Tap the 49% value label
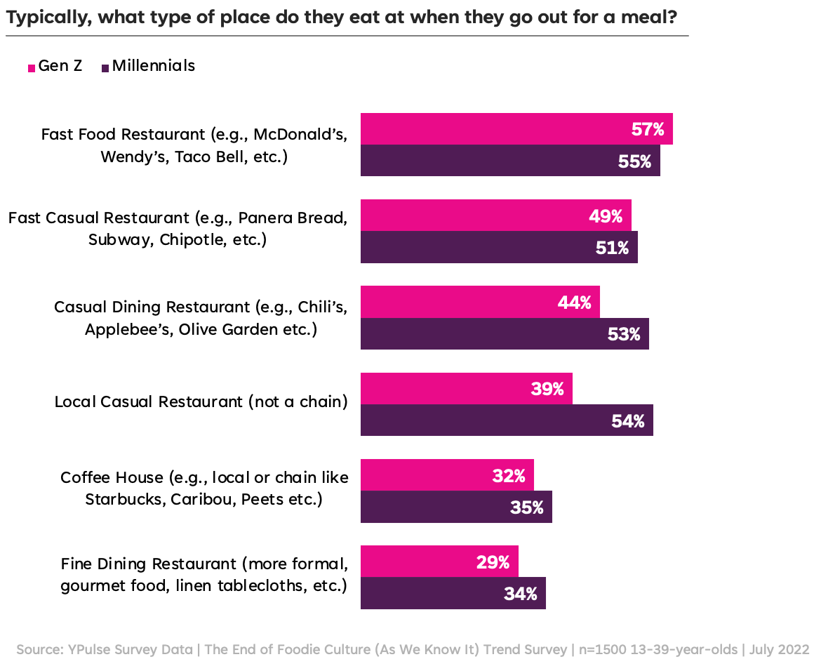click(x=605, y=216)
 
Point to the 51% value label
click(x=611, y=248)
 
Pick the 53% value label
click(x=623, y=335)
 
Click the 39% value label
click(x=547, y=389)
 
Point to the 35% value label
click(x=526, y=507)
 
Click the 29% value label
click(x=492, y=562)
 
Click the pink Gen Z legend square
click(x=32, y=67)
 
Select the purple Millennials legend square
click(x=105, y=67)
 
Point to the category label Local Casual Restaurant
click(x=201, y=401)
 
